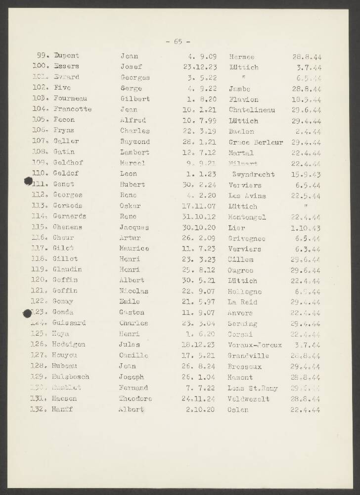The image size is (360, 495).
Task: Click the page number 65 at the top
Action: point(178,42)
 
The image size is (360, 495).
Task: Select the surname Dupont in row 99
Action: point(66,56)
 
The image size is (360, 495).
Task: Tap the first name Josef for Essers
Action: point(131,67)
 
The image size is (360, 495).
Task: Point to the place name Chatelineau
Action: point(252,109)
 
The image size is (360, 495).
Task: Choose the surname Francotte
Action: point(72,109)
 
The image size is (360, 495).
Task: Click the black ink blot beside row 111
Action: point(29,182)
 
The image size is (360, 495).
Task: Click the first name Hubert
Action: point(132,185)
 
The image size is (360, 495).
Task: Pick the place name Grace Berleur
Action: point(255,142)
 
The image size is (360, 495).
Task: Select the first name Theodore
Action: point(135,399)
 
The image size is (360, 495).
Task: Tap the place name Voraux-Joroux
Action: point(255,345)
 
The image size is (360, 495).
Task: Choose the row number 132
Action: point(38,410)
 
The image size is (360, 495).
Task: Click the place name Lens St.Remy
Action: point(253,388)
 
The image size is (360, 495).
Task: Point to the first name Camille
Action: point(134,355)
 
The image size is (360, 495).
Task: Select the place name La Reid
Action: point(242,302)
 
